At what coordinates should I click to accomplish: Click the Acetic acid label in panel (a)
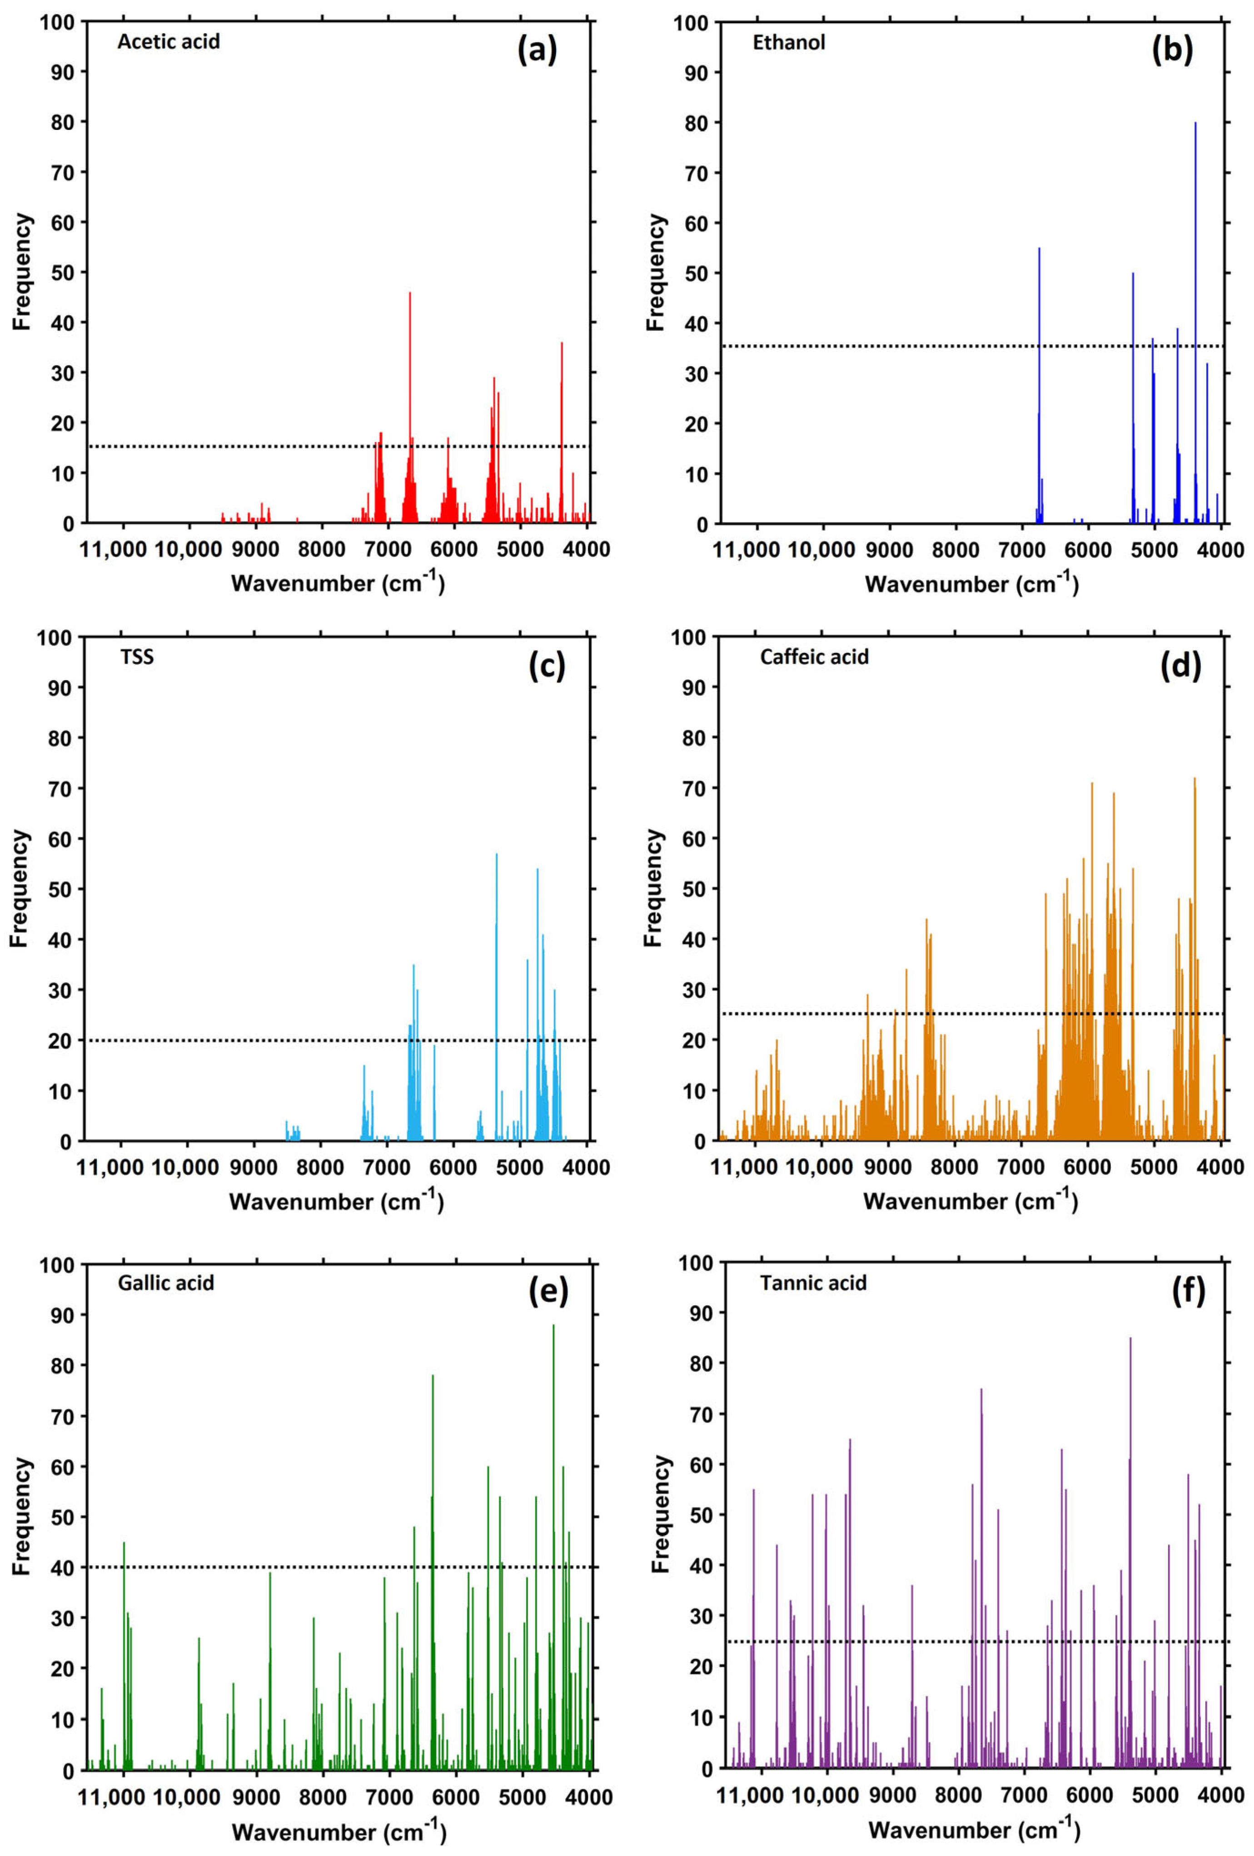169,41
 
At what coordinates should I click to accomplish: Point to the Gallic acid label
166,1284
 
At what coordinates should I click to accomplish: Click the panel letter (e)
548,1291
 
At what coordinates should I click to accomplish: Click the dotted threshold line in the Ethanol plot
879,346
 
